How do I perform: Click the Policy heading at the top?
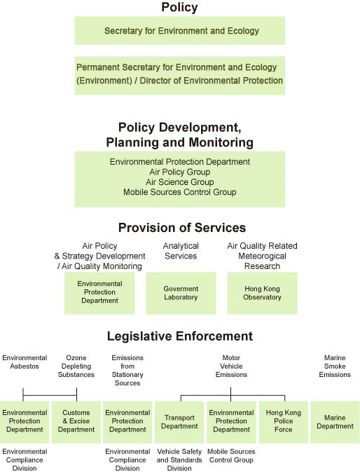[x=179, y=8]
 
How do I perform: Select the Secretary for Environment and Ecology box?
[x=180, y=31]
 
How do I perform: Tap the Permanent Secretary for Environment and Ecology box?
[x=180, y=74]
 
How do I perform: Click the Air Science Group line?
[x=179, y=182]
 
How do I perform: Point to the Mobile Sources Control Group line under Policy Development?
[x=179, y=192]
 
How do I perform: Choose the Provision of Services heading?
[x=181, y=228]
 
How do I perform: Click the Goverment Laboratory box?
[x=181, y=293]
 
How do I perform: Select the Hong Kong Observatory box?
[x=263, y=293]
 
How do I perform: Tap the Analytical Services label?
[x=181, y=251]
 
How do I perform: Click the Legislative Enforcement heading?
[x=179, y=336]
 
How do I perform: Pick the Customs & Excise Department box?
[x=76, y=421]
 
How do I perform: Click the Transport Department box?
[x=179, y=421]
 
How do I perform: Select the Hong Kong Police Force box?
[x=283, y=421]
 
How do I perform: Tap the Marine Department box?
[x=335, y=421]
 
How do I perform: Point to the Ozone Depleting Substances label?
[x=76, y=366]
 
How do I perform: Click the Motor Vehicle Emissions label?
[x=231, y=366]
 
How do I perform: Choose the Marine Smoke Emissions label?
[x=335, y=366]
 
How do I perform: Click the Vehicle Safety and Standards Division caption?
[x=179, y=460]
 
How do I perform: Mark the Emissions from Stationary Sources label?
[x=127, y=370]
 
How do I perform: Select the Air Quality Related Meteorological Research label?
[x=263, y=256]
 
